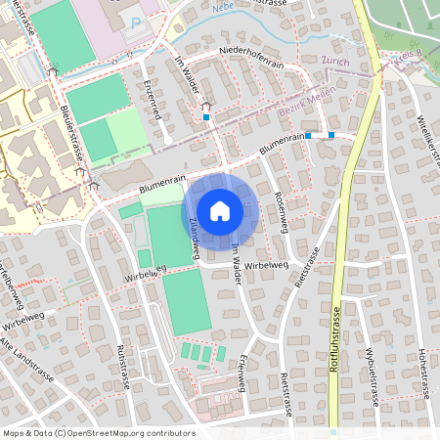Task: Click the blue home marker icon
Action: coord(220,209)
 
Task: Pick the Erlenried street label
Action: coord(150,97)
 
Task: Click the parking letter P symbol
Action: coord(136,22)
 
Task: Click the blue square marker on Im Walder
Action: coord(206,117)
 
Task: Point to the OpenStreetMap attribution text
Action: coord(98,432)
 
